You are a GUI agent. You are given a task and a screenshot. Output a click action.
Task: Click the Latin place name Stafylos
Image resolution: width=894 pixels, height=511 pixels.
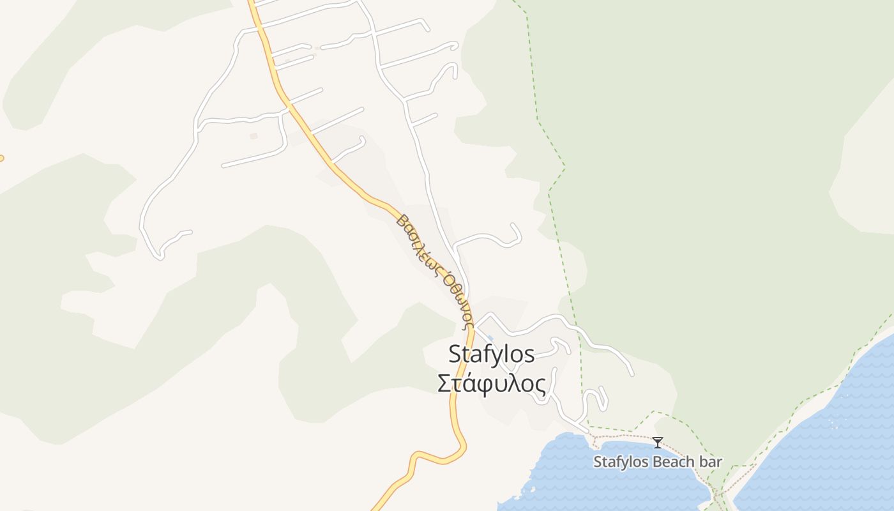click(491, 354)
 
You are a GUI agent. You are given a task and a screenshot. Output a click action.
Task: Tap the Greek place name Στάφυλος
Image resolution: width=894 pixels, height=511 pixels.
click(491, 384)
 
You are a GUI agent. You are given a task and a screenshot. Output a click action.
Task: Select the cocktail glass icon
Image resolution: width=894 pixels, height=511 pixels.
click(657, 442)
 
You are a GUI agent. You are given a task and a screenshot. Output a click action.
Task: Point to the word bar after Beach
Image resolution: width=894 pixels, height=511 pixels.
click(710, 462)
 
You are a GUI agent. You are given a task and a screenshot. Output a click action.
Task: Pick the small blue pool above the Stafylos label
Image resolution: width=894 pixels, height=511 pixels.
click(490, 338)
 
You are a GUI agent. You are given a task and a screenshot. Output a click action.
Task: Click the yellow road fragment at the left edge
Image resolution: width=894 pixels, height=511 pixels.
click(1, 158)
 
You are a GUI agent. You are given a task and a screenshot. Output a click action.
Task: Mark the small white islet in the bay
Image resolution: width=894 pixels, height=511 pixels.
click(529, 491)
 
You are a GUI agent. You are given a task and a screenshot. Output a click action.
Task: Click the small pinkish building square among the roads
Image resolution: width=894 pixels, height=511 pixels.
click(254, 136)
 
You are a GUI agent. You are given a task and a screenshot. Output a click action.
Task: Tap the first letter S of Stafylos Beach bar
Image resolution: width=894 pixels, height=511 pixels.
click(598, 462)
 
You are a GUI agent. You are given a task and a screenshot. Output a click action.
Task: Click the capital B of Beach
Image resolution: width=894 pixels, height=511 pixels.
click(656, 462)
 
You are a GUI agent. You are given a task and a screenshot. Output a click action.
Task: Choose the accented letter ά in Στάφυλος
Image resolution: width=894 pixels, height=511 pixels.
click(469, 384)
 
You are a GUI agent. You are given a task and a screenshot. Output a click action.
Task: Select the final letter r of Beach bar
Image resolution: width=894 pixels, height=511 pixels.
click(719, 462)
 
